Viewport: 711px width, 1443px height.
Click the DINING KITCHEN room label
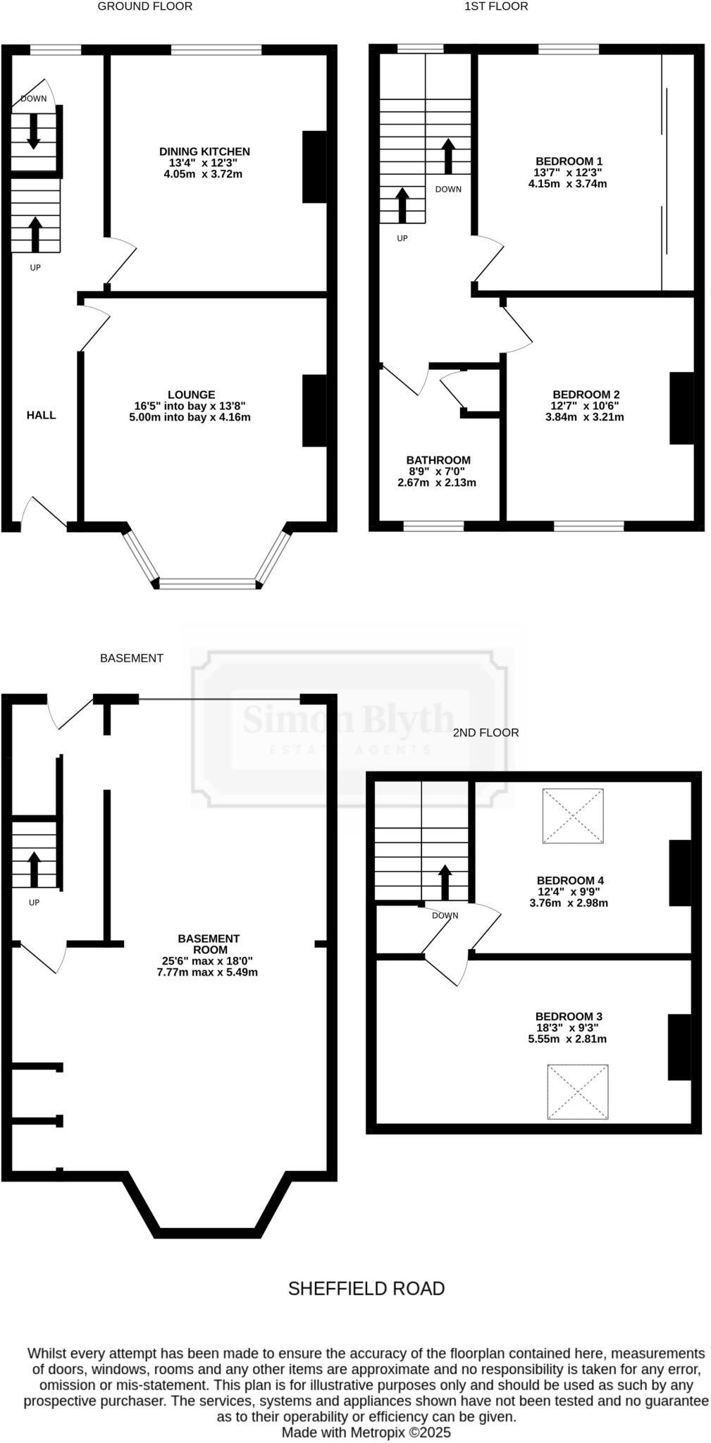pos(204,151)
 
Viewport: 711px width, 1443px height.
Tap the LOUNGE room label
pos(192,395)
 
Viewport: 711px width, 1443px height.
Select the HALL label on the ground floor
pos(41,415)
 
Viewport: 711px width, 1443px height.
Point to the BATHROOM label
pos(438,460)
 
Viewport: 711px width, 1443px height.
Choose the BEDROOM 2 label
pos(586,395)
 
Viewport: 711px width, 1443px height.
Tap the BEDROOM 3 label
pos(569,1016)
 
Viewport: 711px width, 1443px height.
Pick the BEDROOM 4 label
pos(570,880)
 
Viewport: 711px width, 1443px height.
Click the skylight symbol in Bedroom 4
pos(573,816)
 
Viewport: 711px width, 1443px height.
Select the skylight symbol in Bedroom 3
pos(578,1091)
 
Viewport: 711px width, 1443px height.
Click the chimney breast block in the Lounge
pos(315,411)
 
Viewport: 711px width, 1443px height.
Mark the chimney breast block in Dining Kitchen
pos(315,167)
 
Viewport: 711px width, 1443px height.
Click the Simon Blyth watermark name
pos(348,719)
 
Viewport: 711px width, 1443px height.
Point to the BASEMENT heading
pos(132,658)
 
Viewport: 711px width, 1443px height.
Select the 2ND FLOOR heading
pos(486,733)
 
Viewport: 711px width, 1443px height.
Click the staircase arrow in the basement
pos(34,869)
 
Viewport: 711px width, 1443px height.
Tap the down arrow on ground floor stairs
pos(33,131)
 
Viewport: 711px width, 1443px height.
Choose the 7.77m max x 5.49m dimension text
pos(207,972)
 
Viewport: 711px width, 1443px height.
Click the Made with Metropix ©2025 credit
pos(366,1432)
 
